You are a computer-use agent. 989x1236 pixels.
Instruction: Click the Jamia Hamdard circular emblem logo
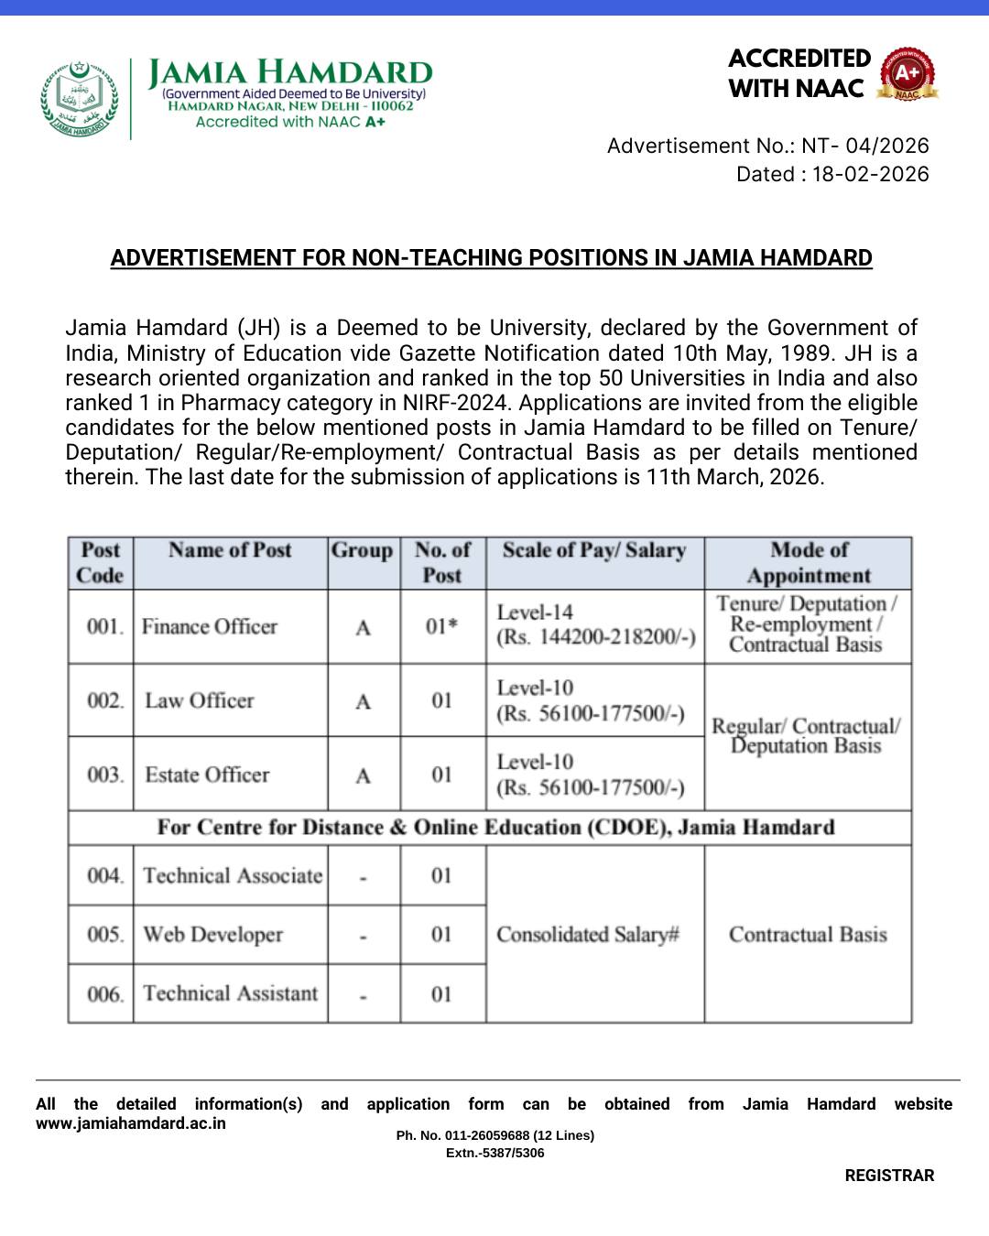click(80, 99)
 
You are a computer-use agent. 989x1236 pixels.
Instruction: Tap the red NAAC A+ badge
click(907, 74)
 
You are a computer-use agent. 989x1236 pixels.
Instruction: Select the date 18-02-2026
click(870, 174)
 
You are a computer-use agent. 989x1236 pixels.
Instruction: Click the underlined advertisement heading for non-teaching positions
click(491, 258)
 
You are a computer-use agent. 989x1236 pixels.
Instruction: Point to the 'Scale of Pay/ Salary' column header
click(594, 551)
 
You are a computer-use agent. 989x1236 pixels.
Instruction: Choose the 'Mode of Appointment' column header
click(809, 562)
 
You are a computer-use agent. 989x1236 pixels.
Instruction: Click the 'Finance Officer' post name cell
click(210, 627)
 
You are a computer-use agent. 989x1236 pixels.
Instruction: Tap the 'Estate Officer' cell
click(207, 775)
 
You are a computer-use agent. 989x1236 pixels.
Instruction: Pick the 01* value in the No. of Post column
click(441, 627)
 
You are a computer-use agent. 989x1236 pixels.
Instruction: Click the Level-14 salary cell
click(595, 624)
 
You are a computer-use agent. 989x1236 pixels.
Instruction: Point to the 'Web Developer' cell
click(213, 935)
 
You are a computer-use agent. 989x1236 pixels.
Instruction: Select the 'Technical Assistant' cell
click(231, 993)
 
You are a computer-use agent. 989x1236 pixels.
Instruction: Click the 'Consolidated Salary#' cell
click(588, 935)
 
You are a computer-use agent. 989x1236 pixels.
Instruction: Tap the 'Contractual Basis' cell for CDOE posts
click(808, 935)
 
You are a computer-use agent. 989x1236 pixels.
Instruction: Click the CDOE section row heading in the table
click(495, 828)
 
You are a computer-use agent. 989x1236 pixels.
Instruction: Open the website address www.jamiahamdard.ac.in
click(131, 1123)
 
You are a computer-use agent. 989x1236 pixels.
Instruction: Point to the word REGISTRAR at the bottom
click(889, 1176)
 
